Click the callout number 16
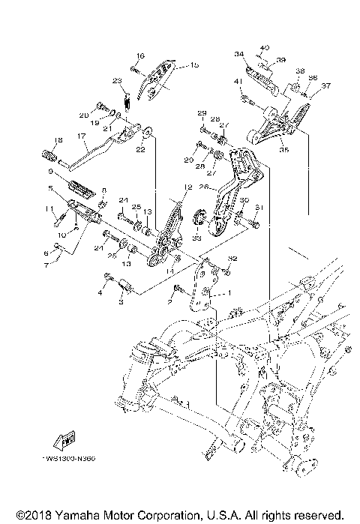point(139,56)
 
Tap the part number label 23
point(117,80)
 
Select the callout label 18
point(37,139)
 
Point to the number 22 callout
point(140,150)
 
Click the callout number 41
point(237,82)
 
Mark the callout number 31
point(259,208)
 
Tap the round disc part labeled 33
point(201,218)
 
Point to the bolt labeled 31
point(252,221)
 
